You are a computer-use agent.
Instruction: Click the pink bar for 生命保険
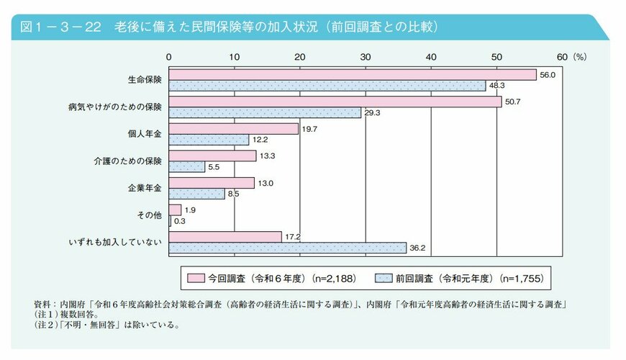pos(353,75)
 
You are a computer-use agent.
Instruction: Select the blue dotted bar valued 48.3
pos(327,86)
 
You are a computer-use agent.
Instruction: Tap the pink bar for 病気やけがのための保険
pos(335,102)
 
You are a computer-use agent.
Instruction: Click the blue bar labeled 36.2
pos(288,248)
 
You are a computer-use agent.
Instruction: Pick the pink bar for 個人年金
pos(233,129)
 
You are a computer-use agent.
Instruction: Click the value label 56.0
pos(548,75)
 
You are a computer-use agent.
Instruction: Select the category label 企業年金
pos(148,188)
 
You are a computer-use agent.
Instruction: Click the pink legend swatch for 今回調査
pos(193,277)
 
